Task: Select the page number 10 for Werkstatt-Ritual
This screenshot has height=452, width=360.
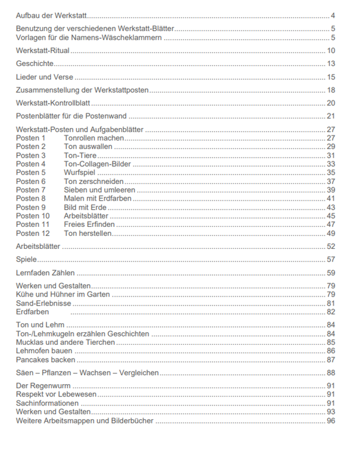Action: (x=331, y=51)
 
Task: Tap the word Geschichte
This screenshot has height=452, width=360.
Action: (x=35, y=64)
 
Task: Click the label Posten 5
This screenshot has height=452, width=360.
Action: (x=31, y=172)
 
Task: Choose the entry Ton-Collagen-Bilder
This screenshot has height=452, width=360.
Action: (x=98, y=164)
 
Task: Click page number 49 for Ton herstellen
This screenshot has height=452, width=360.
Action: (x=331, y=233)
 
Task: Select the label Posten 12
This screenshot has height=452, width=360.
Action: (x=33, y=233)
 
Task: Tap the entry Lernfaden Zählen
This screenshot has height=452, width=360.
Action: (x=46, y=273)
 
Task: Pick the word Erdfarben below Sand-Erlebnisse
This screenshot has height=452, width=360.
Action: (x=33, y=311)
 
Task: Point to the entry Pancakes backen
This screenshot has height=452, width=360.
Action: (x=46, y=360)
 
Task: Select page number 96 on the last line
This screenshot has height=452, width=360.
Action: (x=331, y=420)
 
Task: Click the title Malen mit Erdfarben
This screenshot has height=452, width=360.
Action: (x=98, y=198)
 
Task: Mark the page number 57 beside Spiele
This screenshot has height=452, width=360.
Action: (x=331, y=260)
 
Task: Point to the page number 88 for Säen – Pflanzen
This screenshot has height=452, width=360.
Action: (x=331, y=373)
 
